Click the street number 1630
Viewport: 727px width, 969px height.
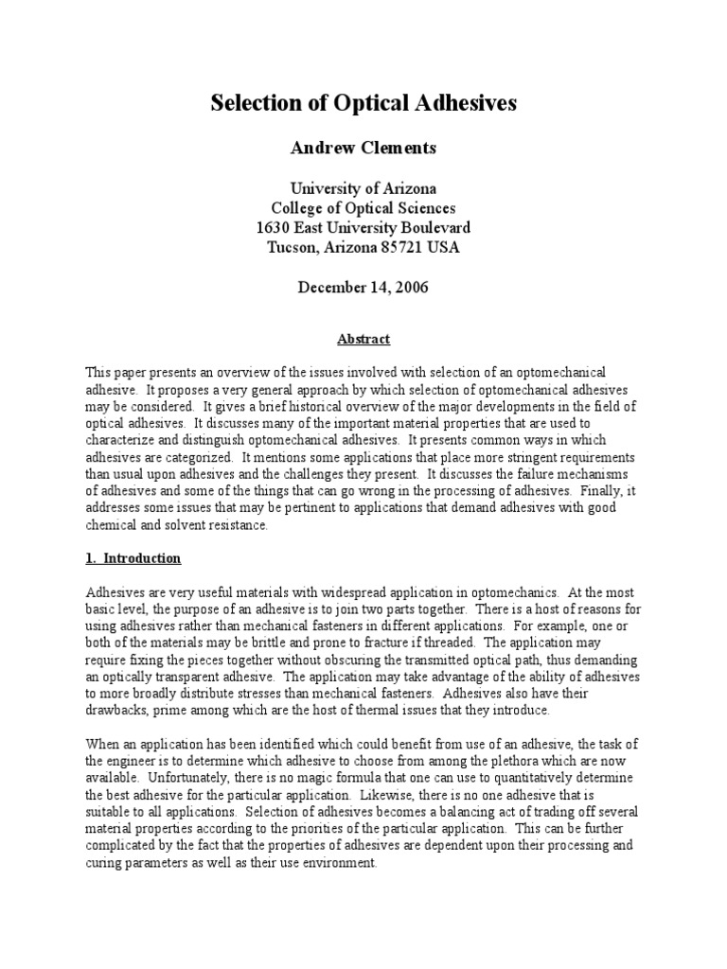275,228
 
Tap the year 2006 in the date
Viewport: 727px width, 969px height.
409,288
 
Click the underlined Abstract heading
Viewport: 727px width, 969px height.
363,339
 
